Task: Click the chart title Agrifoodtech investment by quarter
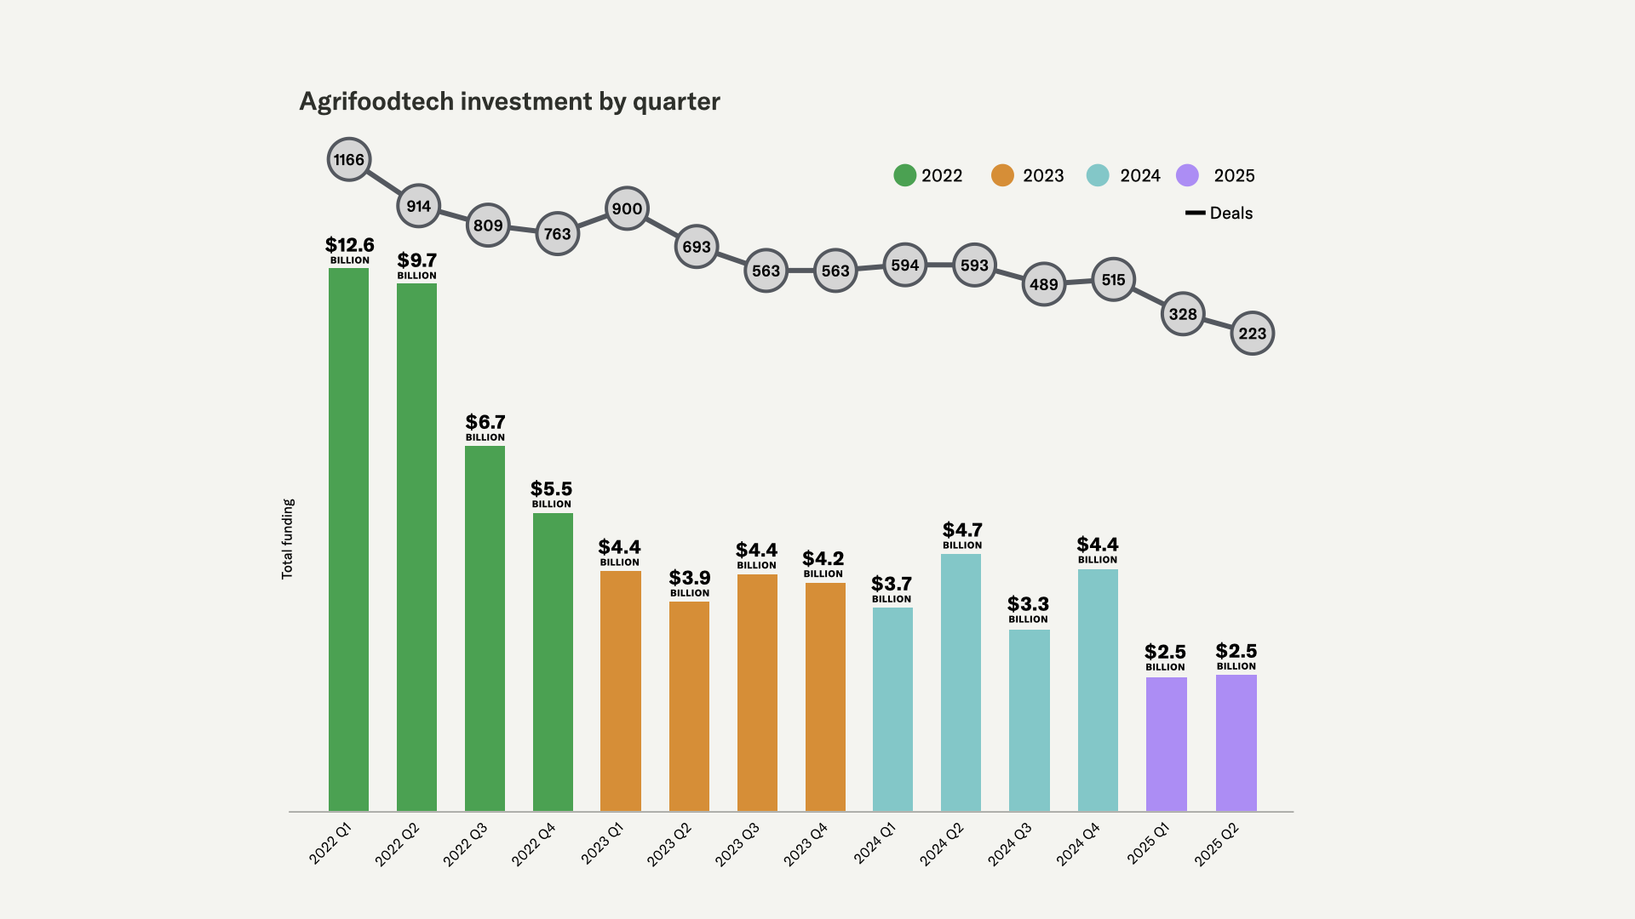click(x=509, y=101)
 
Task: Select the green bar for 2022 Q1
click(x=348, y=539)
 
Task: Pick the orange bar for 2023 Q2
click(x=689, y=706)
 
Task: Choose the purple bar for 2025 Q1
click(x=1166, y=744)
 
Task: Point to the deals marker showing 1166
click(x=349, y=160)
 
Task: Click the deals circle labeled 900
click(x=627, y=208)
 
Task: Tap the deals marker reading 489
click(x=1044, y=284)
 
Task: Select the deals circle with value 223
click(x=1252, y=334)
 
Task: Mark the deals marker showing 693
click(x=697, y=247)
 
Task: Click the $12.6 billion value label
click(x=349, y=250)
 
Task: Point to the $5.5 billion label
click(x=551, y=494)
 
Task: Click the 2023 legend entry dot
click(x=1002, y=175)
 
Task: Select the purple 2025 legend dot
click(x=1187, y=175)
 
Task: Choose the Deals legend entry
click(x=1219, y=213)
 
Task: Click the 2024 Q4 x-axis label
click(x=1078, y=844)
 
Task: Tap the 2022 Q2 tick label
click(x=397, y=844)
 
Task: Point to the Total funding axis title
click(x=288, y=539)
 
